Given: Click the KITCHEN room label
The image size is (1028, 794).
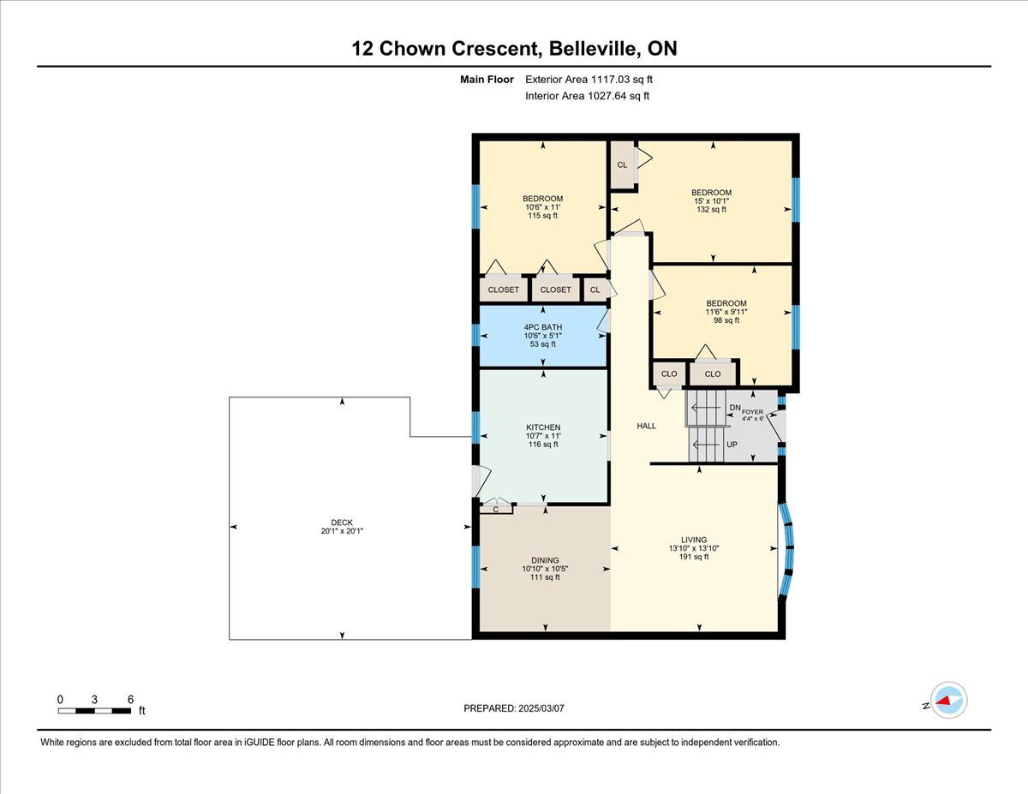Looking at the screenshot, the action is point(543,427).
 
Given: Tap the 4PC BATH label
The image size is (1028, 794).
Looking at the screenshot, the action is point(542,327).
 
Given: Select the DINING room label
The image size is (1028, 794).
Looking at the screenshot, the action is point(545,560).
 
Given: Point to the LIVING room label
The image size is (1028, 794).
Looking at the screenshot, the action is point(694,540).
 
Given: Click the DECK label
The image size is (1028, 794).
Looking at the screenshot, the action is point(342,522).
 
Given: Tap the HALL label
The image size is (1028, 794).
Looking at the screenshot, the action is point(646,426).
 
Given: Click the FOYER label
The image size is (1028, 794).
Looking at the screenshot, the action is point(752,412).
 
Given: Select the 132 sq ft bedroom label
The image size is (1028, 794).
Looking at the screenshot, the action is point(712,193).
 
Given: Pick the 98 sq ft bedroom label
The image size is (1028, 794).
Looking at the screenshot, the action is point(726,303).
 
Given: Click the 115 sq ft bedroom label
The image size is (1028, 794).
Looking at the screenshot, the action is point(542,199).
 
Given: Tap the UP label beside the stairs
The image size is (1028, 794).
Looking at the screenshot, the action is point(732,445).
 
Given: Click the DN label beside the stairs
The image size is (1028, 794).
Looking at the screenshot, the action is point(735,408).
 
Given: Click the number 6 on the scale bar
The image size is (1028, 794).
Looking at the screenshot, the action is point(130,699).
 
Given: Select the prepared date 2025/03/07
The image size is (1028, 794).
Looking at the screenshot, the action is point(541,708).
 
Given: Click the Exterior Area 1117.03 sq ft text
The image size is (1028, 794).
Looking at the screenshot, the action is point(589,80).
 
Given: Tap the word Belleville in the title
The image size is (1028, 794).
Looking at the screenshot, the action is point(593,49).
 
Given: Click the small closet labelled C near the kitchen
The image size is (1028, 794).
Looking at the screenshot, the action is point(496,510).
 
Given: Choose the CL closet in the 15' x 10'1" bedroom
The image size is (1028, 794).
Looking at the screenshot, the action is point(622,164).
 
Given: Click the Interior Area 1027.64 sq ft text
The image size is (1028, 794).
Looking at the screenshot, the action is point(587,96).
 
